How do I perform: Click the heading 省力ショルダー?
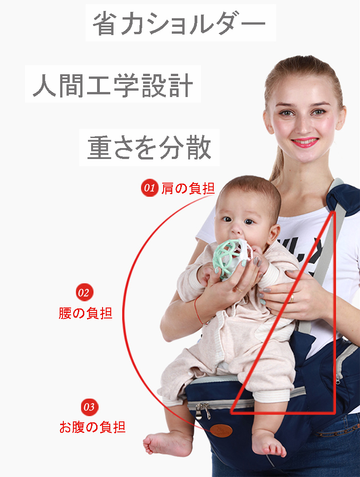pos(179,23)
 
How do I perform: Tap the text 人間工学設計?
pos(113,85)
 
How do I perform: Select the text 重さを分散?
pos(149,148)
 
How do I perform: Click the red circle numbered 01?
pos(149,188)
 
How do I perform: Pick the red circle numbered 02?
pos(84,292)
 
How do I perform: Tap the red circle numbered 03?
pos(89,407)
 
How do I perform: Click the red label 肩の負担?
pos(188,188)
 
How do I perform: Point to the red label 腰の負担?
pos(86,313)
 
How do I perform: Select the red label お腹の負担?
pos(92,427)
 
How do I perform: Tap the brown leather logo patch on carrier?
pos(221,431)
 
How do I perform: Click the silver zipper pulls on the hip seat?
pos(203,410)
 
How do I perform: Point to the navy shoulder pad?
pos(344,199)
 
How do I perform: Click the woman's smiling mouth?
pos(304,142)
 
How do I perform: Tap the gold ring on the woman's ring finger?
pos(292,298)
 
